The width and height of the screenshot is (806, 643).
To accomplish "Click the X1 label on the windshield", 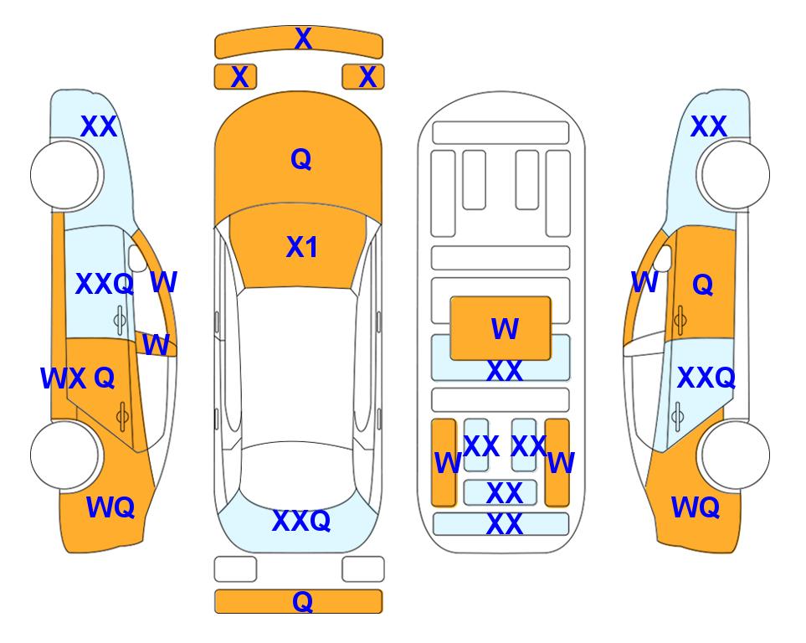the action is click(x=302, y=247).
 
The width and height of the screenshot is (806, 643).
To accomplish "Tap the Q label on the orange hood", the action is click(x=301, y=159).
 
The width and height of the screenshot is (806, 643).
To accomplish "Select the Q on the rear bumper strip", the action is click(x=303, y=601).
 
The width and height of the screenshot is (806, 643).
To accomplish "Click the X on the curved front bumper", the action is click(x=303, y=39).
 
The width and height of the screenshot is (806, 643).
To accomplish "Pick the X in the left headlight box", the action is click(x=239, y=77).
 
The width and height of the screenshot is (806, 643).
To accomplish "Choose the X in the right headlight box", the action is click(x=367, y=77).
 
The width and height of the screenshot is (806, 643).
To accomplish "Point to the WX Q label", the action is click(x=78, y=378).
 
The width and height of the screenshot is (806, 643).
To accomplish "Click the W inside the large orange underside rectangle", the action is click(x=505, y=329).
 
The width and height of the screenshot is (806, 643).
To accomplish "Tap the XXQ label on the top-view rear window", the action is click(x=301, y=521).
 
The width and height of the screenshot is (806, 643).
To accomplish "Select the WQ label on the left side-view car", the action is click(x=110, y=507).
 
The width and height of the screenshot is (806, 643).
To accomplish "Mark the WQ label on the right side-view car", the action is click(x=696, y=507).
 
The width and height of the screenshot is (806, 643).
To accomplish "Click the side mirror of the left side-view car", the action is click(x=138, y=258).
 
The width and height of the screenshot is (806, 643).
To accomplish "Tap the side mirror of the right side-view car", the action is click(x=663, y=258).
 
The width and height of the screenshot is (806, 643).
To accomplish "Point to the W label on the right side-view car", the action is click(x=644, y=282).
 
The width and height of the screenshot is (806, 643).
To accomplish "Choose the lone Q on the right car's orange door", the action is click(x=703, y=284).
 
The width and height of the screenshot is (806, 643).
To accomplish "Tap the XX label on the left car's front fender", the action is click(x=100, y=126).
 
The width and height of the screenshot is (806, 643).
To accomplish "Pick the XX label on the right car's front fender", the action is click(x=709, y=126).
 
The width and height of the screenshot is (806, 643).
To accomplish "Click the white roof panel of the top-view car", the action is click(x=297, y=365).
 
